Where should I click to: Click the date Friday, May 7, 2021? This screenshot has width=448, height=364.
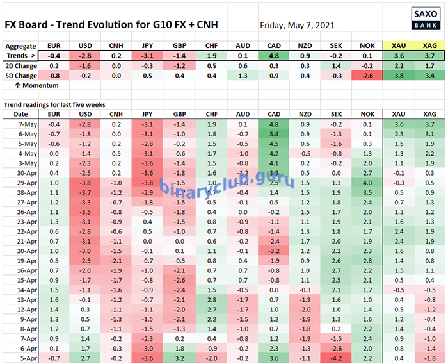pos(297,26)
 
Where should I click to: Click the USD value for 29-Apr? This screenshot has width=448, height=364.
pos(83,182)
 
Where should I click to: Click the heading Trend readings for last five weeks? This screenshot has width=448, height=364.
pos(55,104)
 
